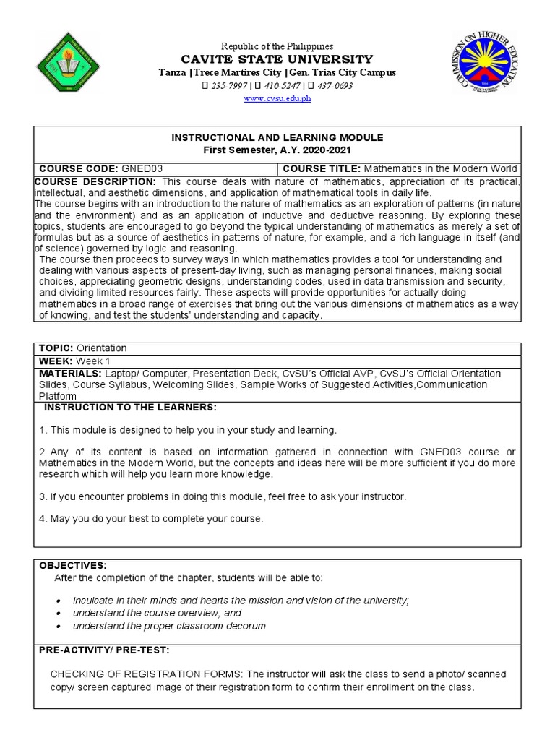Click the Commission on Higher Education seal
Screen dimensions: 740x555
point(486,62)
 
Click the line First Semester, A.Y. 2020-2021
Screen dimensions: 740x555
point(277,150)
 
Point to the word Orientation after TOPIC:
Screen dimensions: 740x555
point(103,348)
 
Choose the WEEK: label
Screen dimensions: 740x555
point(54,361)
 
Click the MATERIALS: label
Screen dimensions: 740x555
point(70,374)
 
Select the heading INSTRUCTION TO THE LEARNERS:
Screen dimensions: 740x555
point(130,408)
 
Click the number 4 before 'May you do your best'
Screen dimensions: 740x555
point(42,519)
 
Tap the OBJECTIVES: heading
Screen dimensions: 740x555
point(72,565)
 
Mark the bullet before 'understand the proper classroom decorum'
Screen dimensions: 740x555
point(58,627)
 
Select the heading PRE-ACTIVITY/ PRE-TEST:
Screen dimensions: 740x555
point(103,650)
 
